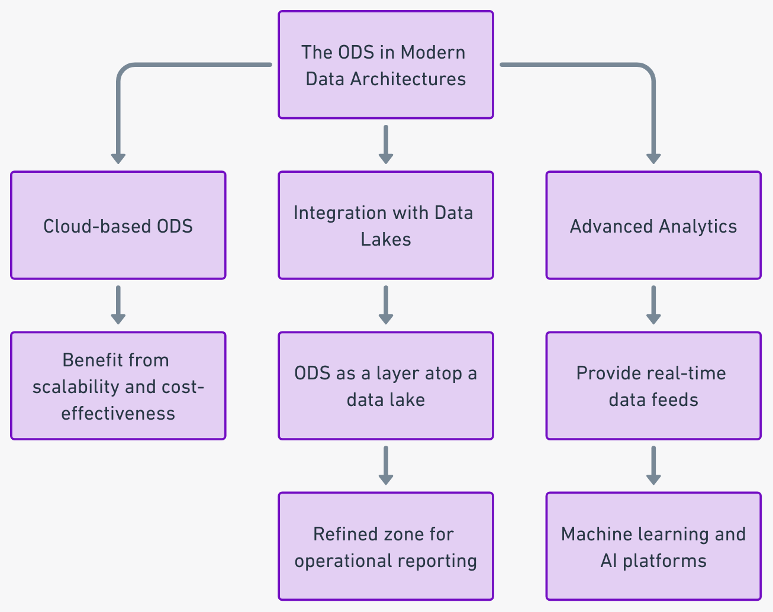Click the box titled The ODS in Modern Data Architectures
[385, 65]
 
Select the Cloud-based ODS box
[118, 226]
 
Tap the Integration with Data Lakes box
[385, 226]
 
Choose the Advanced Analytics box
[653, 226]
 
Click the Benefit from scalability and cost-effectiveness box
[118, 386]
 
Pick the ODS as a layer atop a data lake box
[385, 386]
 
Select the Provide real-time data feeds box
[653, 386]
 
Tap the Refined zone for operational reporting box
[385, 546]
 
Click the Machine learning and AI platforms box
[653, 546]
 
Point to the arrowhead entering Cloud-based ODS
[118, 158]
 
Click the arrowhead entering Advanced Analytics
[653, 158]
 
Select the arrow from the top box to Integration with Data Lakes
[386, 144]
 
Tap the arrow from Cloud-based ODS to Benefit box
[118, 304]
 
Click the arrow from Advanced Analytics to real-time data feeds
[653, 304]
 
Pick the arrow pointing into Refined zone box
[386, 465]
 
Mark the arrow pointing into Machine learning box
[653, 465]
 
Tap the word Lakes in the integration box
[385, 239]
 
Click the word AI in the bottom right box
[609, 561]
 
